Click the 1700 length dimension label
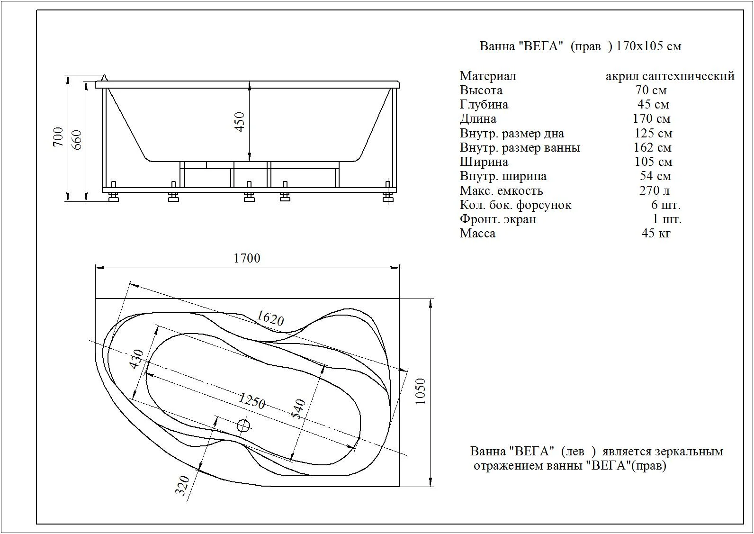pyautogui.click(x=247, y=258)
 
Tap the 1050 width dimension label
pyautogui.click(x=421, y=391)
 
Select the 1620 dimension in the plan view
pyautogui.click(x=270, y=318)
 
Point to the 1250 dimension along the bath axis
pyautogui.click(x=252, y=401)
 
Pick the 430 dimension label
pyautogui.click(x=137, y=359)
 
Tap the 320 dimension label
pyautogui.click(x=183, y=486)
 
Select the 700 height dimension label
pyautogui.click(x=58, y=137)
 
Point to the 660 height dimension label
pyautogui.click(x=77, y=140)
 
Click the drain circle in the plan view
pyautogui.click(x=244, y=425)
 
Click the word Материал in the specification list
pyautogui.click(x=488, y=76)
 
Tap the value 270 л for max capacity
pyautogui.click(x=655, y=190)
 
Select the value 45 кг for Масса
pyautogui.click(x=656, y=233)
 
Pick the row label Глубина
pyautogui.click(x=484, y=105)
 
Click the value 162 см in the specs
pyautogui.click(x=653, y=147)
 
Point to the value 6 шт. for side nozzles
pyautogui.click(x=666, y=205)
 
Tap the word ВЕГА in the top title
pyautogui.click(x=542, y=46)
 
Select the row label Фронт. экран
pyautogui.click(x=498, y=219)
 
